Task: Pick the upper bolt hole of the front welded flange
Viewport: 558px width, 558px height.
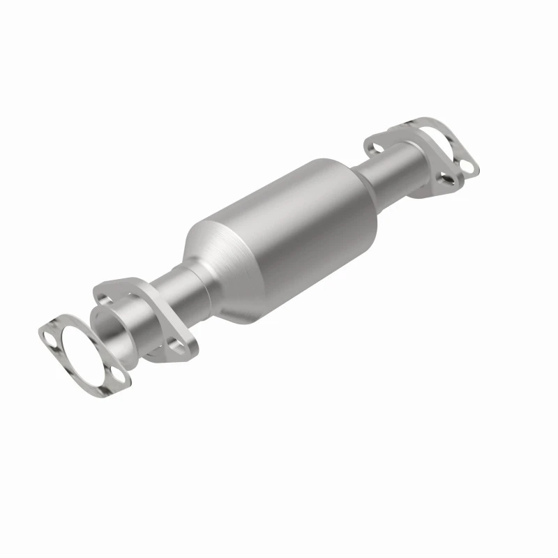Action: [x=105, y=299]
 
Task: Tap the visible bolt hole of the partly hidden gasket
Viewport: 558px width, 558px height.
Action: [x=469, y=167]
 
